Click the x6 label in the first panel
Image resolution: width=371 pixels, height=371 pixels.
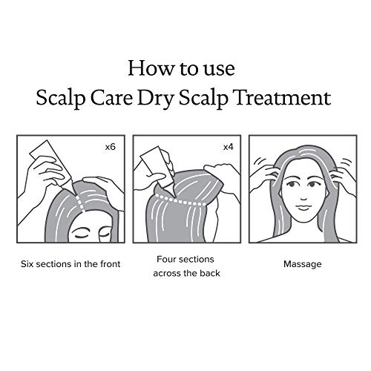coord(110,147)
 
